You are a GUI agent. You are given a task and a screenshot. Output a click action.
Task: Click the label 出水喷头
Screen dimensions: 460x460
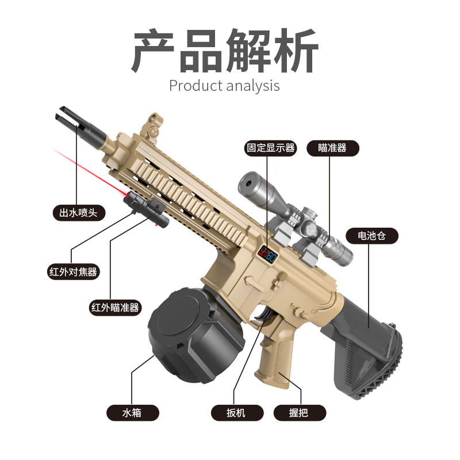[79, 213]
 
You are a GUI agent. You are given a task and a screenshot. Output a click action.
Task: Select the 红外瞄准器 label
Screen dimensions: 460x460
[115, 308]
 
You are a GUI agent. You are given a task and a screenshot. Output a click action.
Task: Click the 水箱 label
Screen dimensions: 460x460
[132, 412]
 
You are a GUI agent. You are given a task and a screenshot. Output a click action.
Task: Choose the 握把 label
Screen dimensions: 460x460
[299, 412]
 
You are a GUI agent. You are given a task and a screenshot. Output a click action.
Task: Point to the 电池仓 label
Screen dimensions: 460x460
[370, 235]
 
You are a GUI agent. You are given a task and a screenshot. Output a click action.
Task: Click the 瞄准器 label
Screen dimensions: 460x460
[332, 148]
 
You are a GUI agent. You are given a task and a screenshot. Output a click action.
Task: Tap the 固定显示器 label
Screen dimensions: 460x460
[270, 148]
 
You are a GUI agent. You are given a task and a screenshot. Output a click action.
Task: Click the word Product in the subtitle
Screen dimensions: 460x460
[195, 86]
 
